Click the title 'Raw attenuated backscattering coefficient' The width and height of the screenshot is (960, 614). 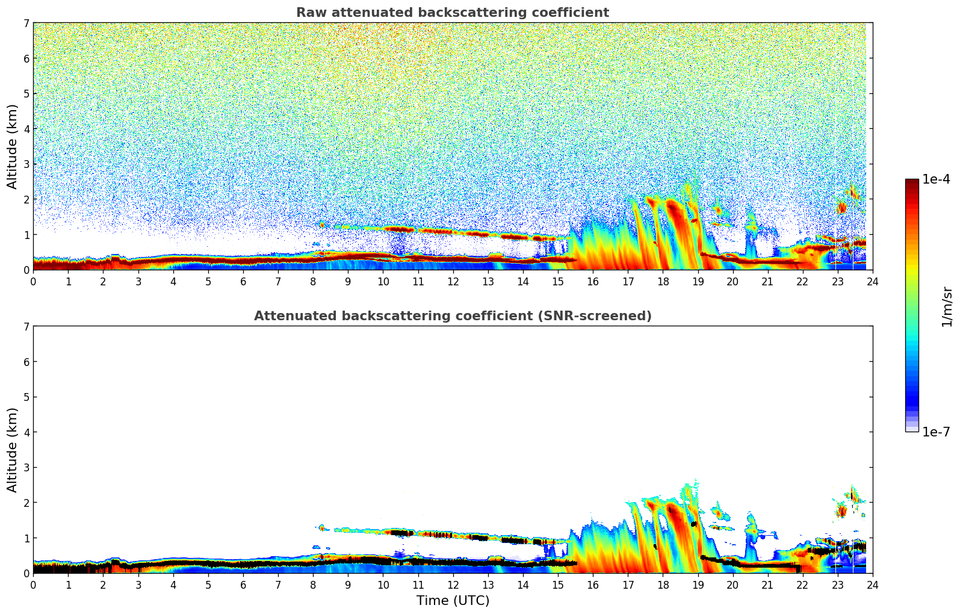[x=452, y=13]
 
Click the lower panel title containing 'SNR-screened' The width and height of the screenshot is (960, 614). [x=452, y=316]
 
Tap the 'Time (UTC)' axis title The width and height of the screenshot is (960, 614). [x=453, y=601]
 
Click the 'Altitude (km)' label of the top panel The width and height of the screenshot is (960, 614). [x=13, y=146]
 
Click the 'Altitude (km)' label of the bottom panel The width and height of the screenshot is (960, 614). [x=13, y=450]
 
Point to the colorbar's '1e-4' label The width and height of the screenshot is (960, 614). [x=936, y=179]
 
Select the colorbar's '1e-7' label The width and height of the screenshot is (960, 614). [x=936, y=432]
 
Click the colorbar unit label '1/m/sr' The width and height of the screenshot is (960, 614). [x=947, y=306]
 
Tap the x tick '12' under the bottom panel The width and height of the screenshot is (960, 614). [x=453, y=585]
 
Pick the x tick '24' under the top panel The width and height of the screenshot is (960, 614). [x=872, y=281]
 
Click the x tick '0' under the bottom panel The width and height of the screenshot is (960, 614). [x=33, y=585]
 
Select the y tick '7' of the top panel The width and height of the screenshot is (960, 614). [x=26, y=23]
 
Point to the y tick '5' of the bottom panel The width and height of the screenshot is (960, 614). [x=26, y=397]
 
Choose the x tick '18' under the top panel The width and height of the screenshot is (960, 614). [x=663, y=281]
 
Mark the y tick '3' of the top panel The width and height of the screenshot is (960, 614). [x=26, y=164]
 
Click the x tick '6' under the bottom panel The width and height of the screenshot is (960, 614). [x=243, y=585]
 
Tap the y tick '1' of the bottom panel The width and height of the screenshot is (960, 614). [x=26, y=538]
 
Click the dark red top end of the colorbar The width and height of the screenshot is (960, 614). [x=911, y=182]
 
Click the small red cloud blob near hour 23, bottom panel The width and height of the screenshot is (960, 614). [x=841, y=512]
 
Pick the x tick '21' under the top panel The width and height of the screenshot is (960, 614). [x=767, y=281]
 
